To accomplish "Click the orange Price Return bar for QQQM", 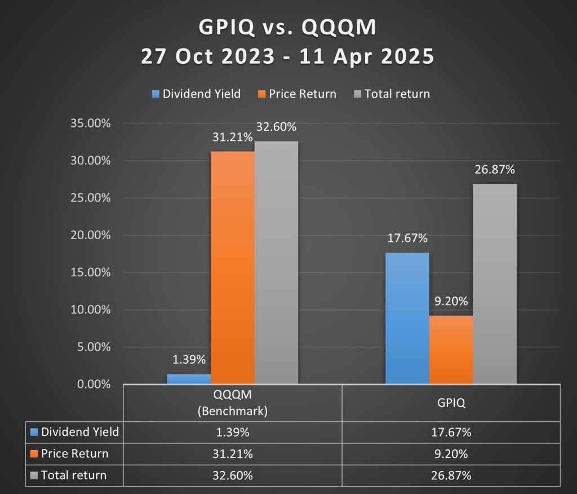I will (x=232, y=268).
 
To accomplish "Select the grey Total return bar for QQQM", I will (x=276, y=263).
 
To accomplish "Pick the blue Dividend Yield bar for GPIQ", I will (x=407, y=318).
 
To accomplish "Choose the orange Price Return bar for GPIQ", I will (x=451, y=350).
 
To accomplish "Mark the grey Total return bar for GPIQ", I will (x=495, y=284).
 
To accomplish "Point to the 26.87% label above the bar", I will (x=495, y=170).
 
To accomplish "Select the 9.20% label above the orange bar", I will (x=451, y=301).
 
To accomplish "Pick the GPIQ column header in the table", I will (x=451, y=403).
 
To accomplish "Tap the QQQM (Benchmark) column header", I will (x=232, y=403).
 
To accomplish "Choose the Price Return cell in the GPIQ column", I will (x=451, y=454).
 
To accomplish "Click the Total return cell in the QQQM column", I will (x=232, y=475).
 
